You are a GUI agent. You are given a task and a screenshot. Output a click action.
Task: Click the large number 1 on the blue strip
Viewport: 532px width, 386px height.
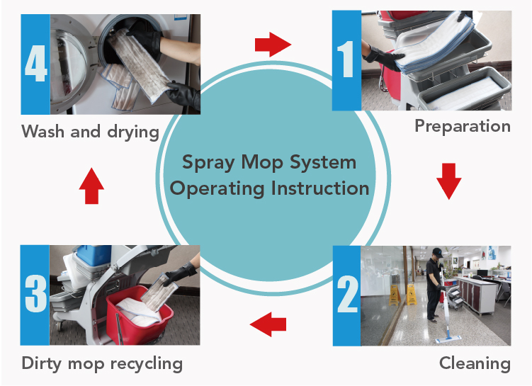click(347, 60)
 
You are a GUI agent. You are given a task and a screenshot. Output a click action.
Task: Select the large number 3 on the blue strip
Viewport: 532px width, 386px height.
click(35, 294)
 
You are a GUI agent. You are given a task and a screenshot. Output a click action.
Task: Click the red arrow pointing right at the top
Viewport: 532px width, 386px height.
click(273, 45)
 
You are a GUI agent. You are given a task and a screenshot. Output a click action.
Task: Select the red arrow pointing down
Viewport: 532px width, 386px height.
click(448, 181)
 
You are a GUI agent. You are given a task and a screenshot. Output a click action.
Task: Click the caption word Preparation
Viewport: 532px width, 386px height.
click(462, 127)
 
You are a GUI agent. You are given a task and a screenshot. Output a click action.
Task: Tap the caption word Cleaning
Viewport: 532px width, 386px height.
click(474, 363)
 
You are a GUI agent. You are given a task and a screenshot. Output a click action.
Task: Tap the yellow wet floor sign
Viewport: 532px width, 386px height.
click(411, 293)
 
